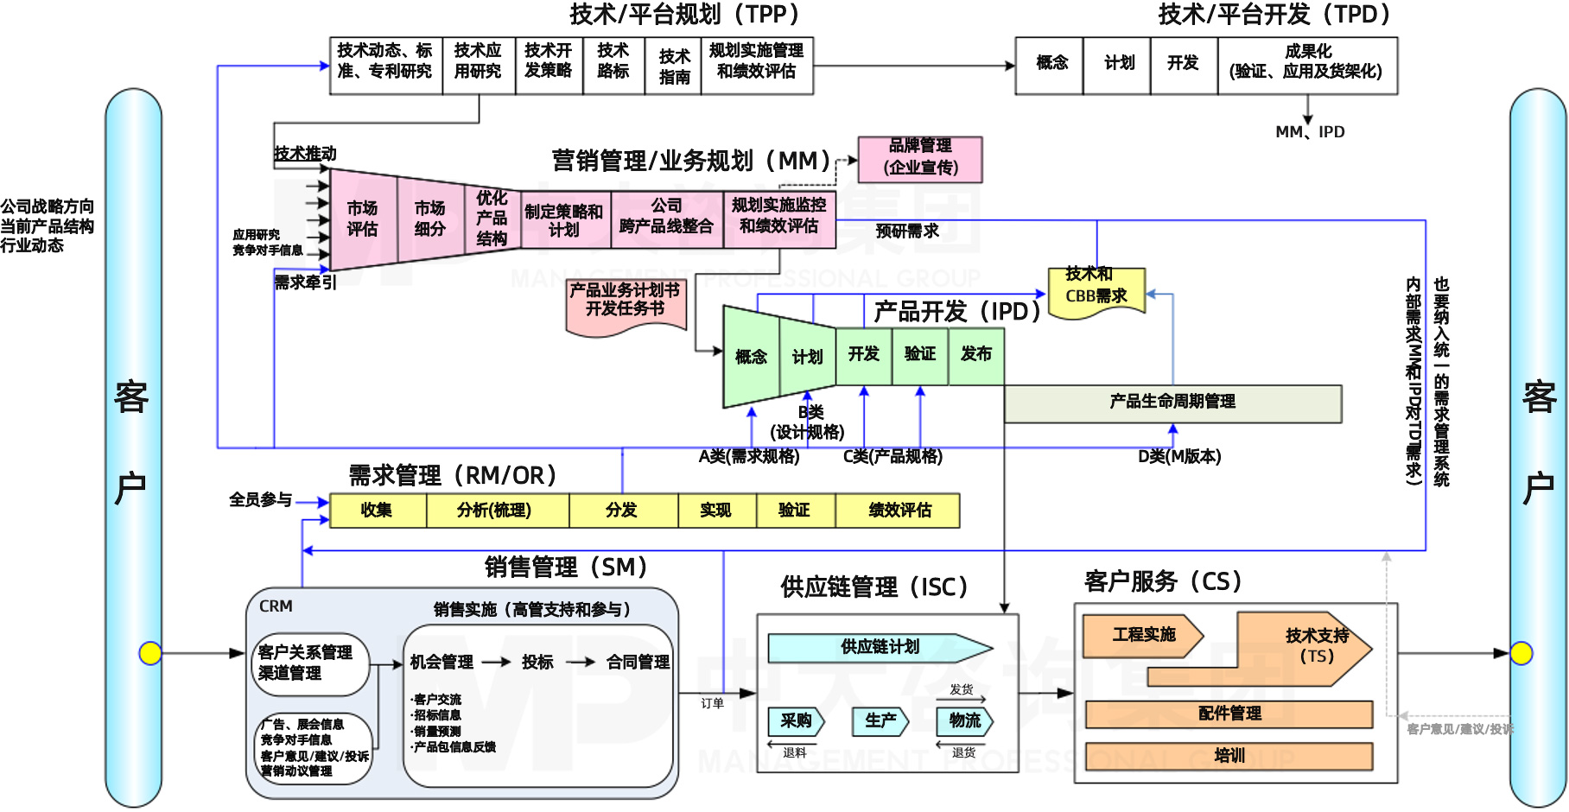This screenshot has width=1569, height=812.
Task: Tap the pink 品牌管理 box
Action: click(920, 159)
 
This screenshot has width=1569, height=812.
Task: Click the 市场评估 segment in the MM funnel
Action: click(363, 219)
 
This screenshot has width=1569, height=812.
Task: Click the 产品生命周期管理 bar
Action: click(1172, 403)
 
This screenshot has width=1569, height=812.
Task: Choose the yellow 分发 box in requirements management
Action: click(622, 511)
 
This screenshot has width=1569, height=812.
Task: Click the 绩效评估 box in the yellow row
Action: click(899, 511)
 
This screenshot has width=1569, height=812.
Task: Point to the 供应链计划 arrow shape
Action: click(880, 648)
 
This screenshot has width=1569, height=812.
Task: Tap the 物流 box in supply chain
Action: click(964, 720)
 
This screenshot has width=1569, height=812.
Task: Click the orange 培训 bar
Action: click(1229, 756)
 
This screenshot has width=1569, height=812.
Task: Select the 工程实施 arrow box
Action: click(1142, 636)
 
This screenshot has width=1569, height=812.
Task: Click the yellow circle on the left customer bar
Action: click(150, 653)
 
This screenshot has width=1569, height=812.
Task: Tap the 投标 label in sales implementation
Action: click(537, 663)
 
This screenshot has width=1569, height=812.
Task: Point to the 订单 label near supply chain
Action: click(712, 703)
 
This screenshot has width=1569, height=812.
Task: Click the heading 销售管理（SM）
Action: click(566, 568)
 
